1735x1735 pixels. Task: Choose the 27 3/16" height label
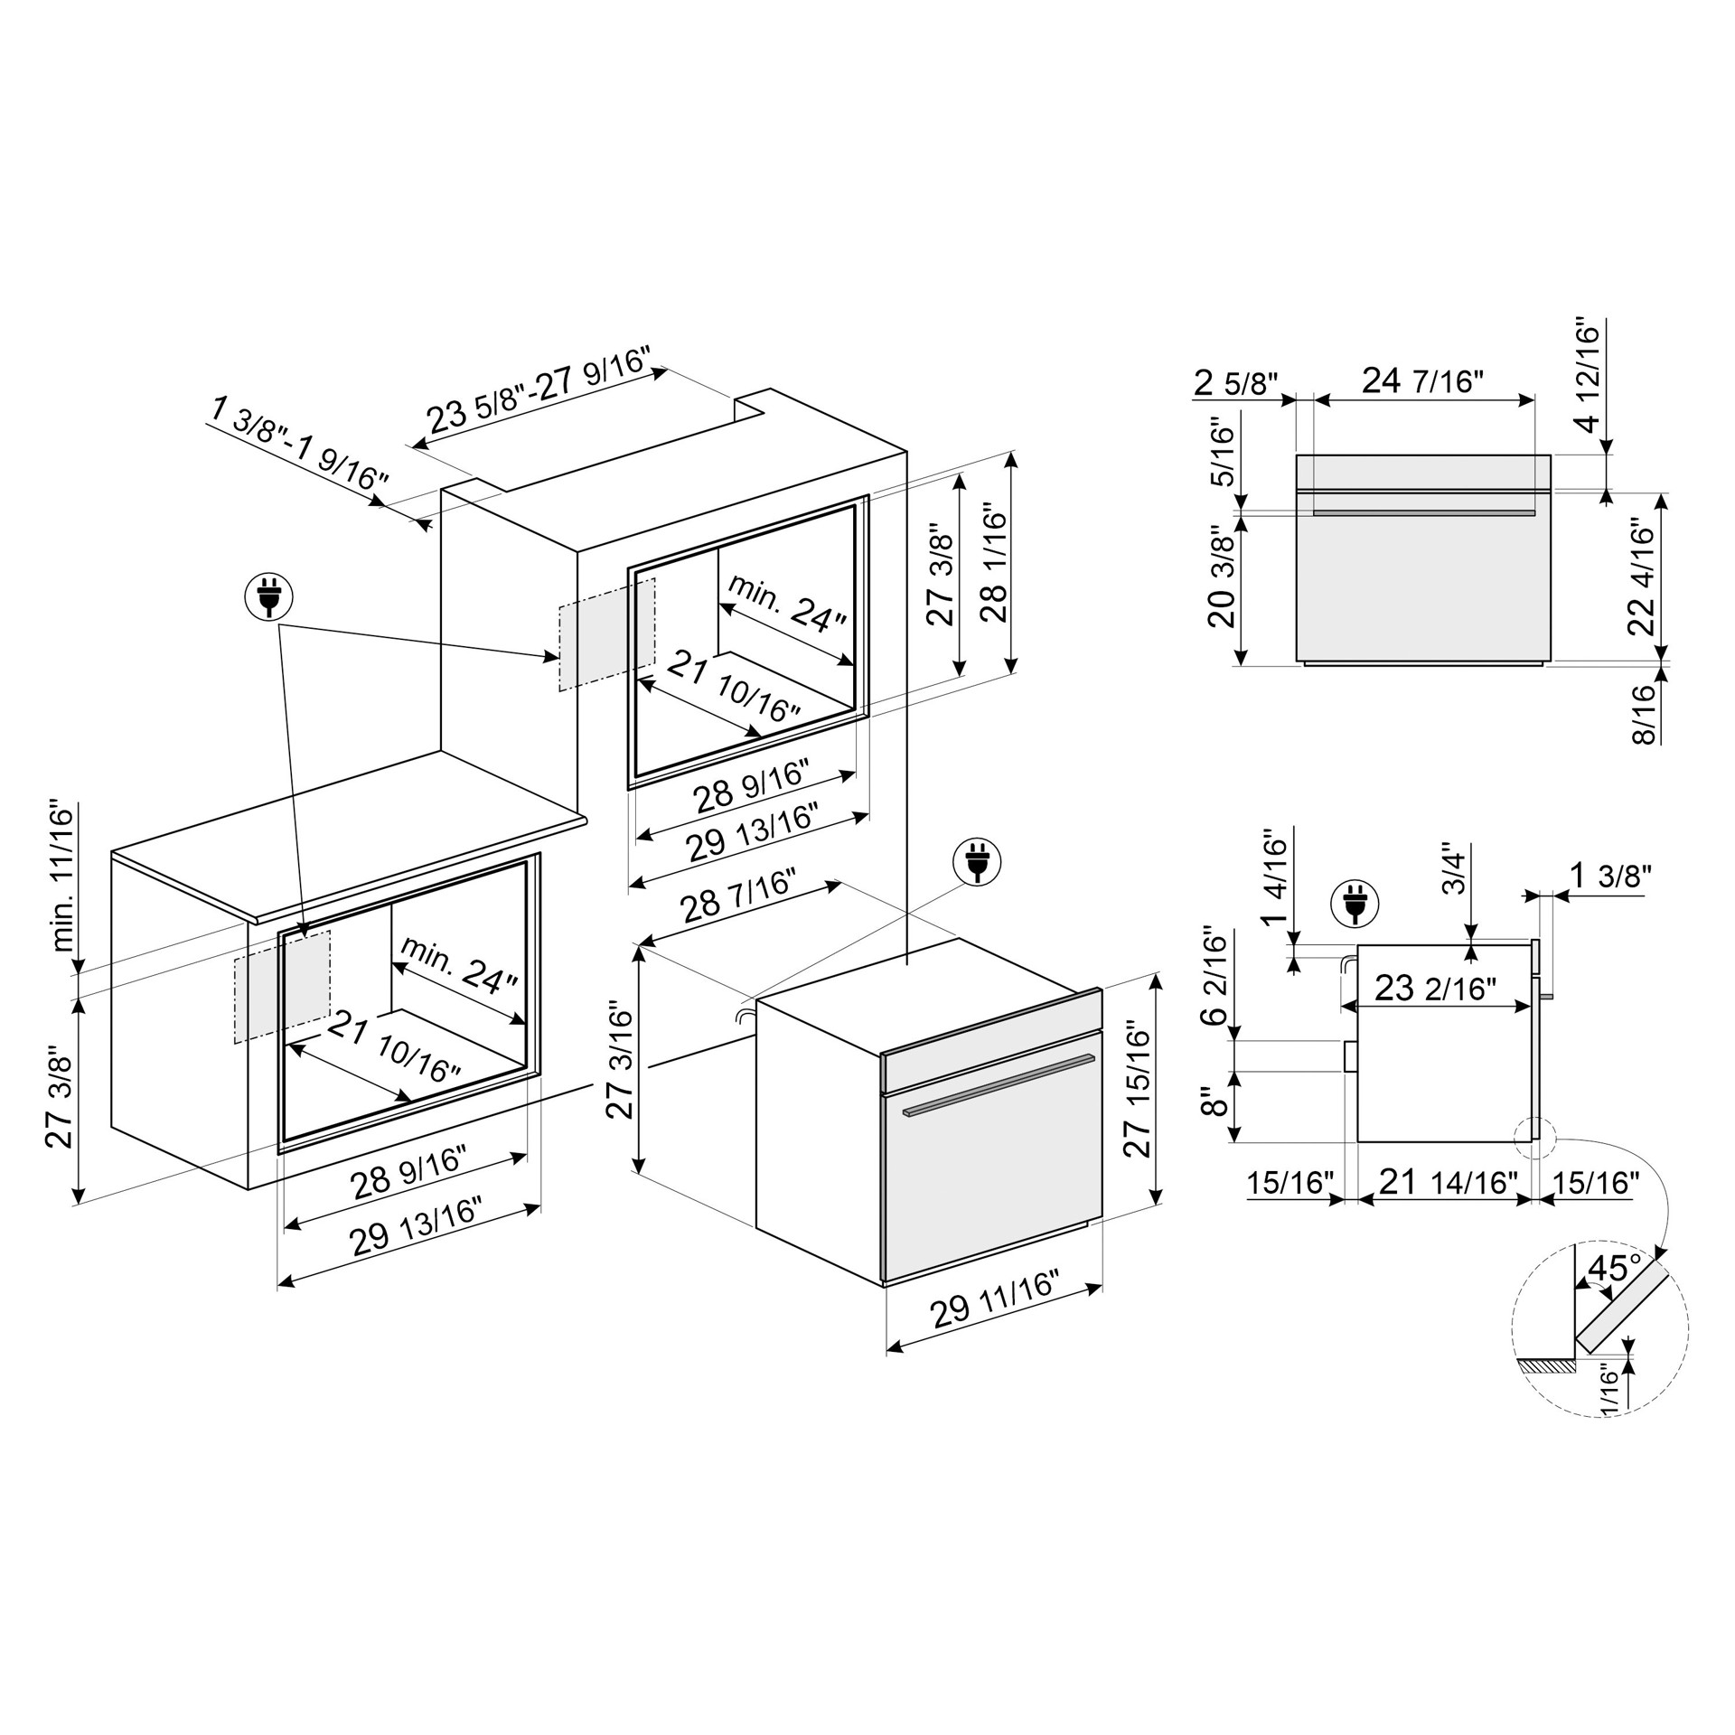[620, 1058]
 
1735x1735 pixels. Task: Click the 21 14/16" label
[1445, 1182]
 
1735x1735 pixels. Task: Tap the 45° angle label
[1614, 1268]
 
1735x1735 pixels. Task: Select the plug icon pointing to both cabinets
[269, 596]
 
